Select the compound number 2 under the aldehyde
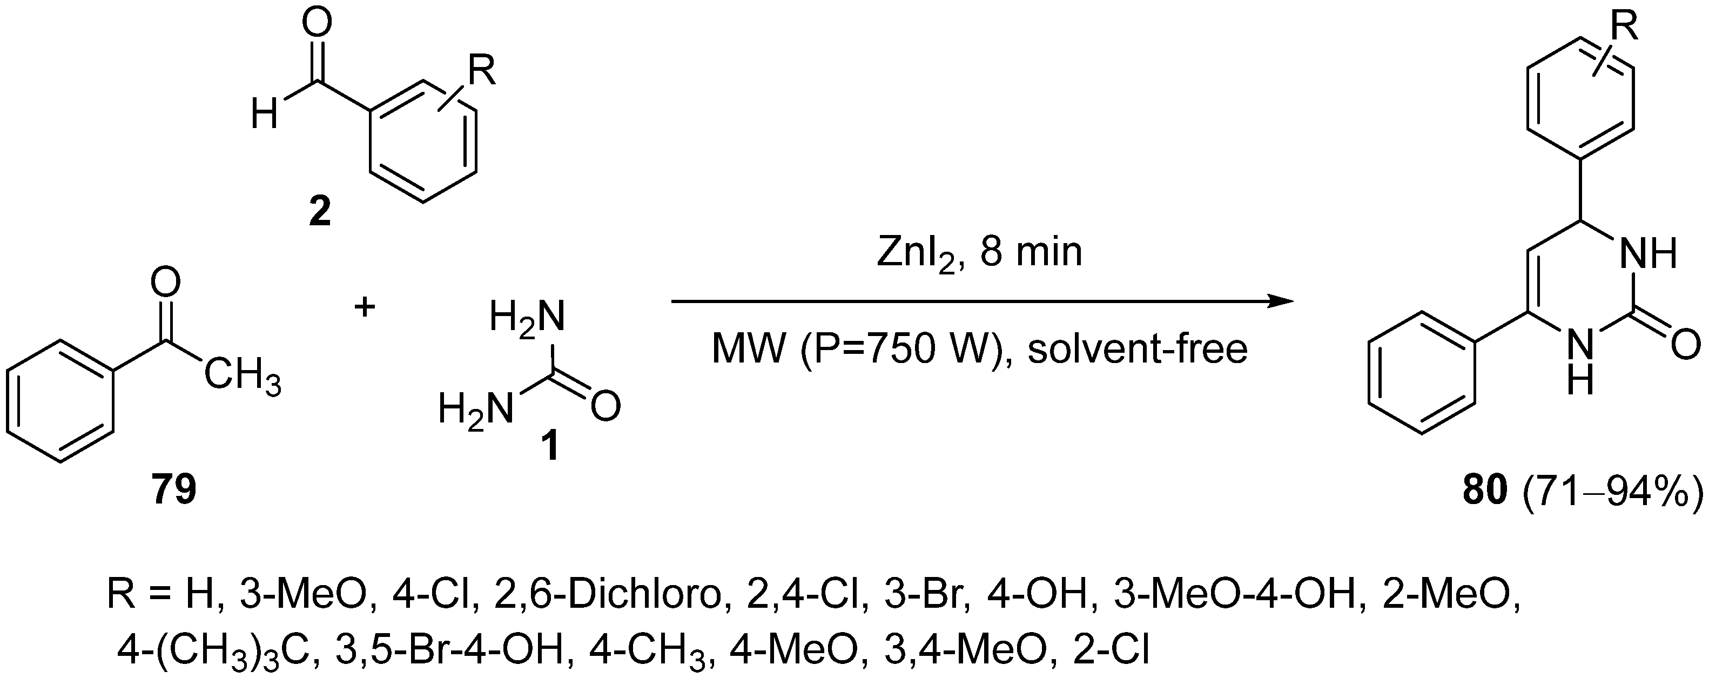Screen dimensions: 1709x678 pos(320,213)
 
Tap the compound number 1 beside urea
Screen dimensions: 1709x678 pos(550,446)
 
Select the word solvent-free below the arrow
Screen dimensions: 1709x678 pos(1137,349)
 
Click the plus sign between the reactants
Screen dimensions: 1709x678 pos(364,306)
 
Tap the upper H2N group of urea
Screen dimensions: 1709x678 pos(527,318)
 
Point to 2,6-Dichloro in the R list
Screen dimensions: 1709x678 pos(607,595)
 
